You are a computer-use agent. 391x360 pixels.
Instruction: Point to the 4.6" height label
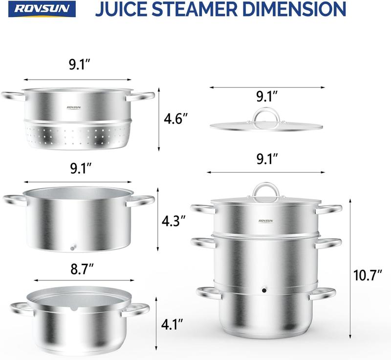click(175, 119)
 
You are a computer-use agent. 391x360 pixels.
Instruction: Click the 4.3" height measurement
click(174, 221)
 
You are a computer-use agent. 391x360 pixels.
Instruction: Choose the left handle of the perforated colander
click(13, 97)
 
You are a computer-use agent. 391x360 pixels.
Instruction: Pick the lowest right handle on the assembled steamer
click(323, 293)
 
